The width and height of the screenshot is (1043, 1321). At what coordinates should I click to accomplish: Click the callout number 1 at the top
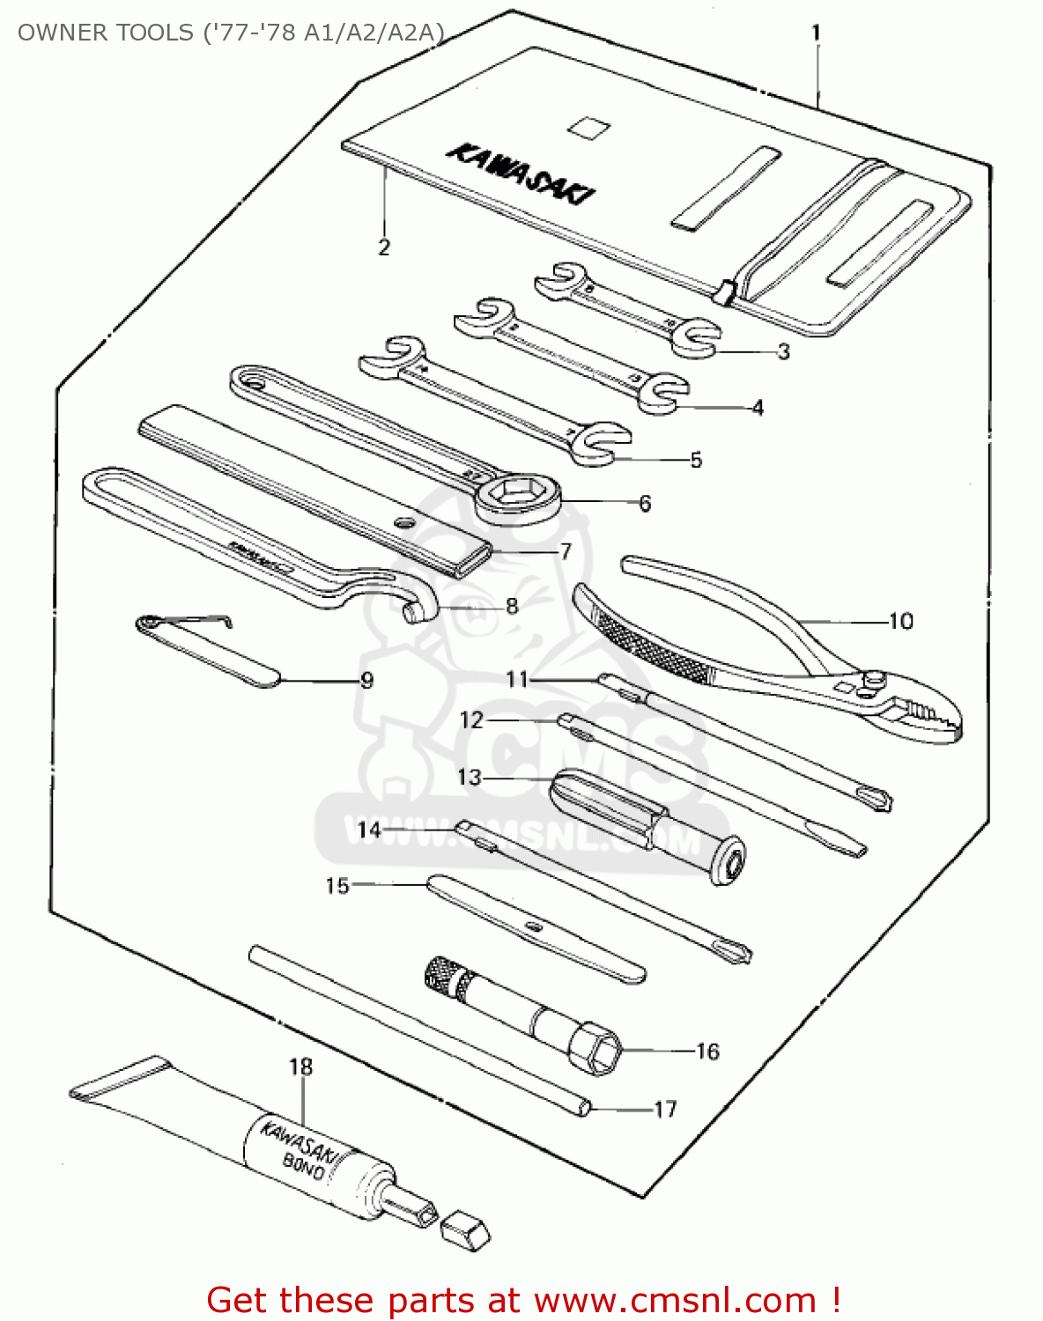pyautogui.click(x=816, y=33)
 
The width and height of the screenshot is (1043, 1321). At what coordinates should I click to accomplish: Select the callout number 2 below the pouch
pyautogui.click(x=384, y=247)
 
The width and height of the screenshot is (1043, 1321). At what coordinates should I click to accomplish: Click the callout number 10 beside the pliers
pyautogui.click(x=900, y=621)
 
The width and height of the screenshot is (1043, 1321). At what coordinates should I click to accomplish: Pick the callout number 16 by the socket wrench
pyautogui.click(x=707, y=1052)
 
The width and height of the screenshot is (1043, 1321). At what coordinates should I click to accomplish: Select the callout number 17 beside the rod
pyautogui.click(x=665, y=1109)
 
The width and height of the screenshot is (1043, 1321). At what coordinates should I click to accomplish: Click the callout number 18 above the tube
pyautogui.click(x=301, y=1066)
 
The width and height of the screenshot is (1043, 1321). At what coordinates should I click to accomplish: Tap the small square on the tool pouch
pyautogui.click(x=588, y=127)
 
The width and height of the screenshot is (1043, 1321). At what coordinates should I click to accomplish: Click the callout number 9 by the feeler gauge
pyautogui.click(x=366, y=681)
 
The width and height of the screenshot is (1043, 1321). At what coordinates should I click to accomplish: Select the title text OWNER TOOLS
pyautogui.click(x=106, y=33)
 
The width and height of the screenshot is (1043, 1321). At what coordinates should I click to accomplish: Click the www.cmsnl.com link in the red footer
pyautogui.click(x=675, y=1300)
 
